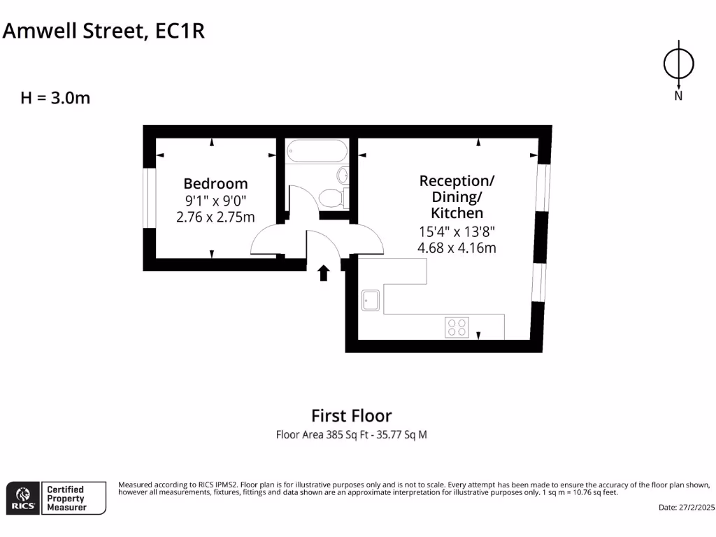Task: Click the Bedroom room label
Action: [215, 184]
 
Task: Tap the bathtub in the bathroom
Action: [317, 150]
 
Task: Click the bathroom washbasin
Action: [343, 175]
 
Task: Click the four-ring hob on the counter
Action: [457, 327]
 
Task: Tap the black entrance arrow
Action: [324, 273]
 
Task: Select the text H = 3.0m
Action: [55, 98]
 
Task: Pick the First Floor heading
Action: [351, 416]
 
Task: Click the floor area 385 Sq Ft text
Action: [351, 435]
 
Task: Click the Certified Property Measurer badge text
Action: [66, 498]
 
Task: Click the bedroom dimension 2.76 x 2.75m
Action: [215, 217]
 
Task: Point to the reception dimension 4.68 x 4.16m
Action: [457, 248]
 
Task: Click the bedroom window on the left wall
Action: [148, 198]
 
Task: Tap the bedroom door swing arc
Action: [266, 241]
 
